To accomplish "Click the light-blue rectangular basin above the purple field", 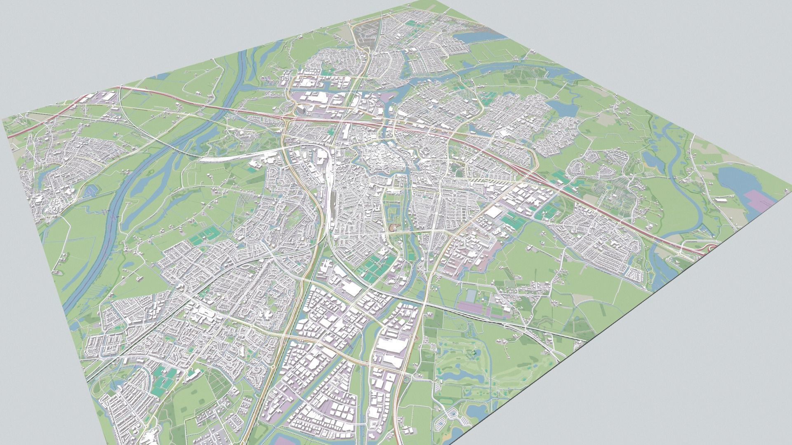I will click(x=471, y=295).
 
